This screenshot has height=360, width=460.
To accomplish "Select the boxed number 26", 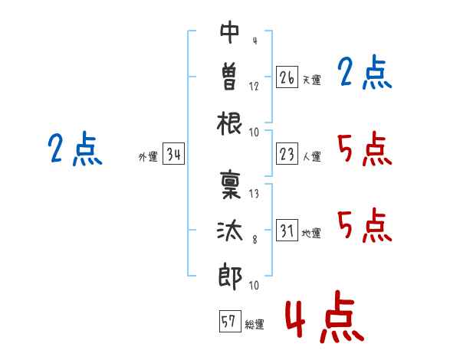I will click(287, 77).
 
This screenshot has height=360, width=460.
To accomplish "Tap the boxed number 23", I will click(287, 155).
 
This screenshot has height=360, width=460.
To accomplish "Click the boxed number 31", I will click(287, 231).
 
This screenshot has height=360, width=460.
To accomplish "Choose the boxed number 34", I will click(173, 155).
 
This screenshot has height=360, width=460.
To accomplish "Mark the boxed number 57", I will click(228, 322).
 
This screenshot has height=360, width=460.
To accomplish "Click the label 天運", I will click(311, 80).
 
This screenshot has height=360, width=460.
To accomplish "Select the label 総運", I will click(254, 324).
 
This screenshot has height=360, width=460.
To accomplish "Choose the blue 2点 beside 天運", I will click(364, 74).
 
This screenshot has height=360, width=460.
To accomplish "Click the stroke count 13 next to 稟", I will click(254, 193).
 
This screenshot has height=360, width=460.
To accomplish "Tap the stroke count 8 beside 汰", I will click(254, 240).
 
